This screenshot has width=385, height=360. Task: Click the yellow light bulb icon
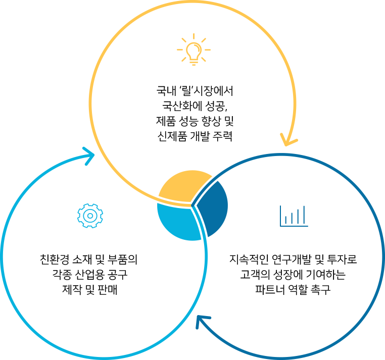[x=194, y=49]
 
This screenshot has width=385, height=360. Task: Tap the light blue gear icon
[x=90, y=216]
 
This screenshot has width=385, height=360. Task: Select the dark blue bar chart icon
[x=294, y=216]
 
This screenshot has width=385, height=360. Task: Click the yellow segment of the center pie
[x=184, y=187]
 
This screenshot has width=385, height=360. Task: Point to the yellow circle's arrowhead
[x=288, y=140]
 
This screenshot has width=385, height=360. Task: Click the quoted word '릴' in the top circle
[x=186, y=91]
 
